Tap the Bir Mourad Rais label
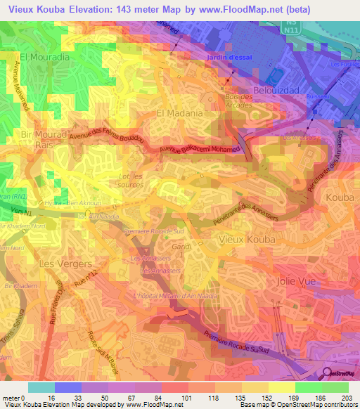pos(37,139)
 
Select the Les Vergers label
pos(66,264)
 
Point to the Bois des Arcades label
pos(238,100)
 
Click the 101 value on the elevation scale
pos(188,397)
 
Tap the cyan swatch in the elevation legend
pos(41,387)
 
